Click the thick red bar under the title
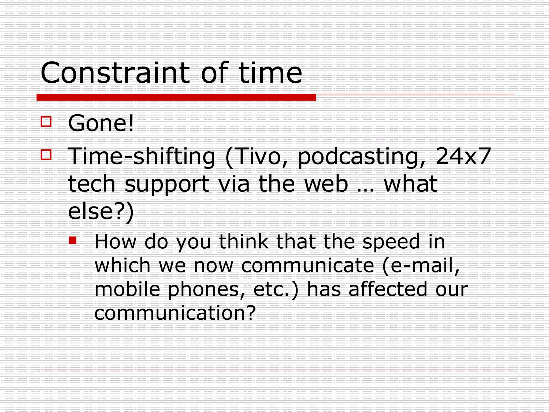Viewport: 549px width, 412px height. click(176, 97)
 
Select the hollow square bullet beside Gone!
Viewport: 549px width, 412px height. click(46, 122)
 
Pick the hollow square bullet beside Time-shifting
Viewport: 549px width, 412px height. click(46, 155)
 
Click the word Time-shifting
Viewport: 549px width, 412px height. click(142, 157)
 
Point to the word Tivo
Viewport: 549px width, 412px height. click(257, 157)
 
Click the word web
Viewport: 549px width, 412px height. click(326, 184)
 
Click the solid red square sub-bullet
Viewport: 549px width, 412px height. click(73, 240)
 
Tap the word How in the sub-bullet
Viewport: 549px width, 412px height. click(115, 242)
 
